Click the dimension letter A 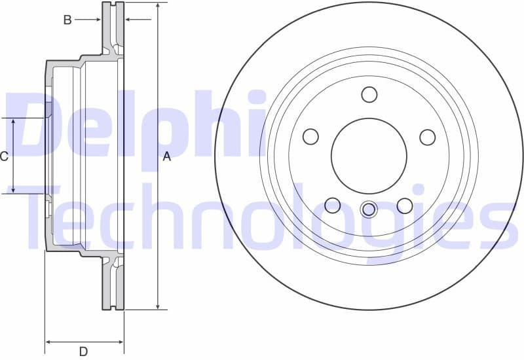(x=166, y=156)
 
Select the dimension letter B (x=67, y=20)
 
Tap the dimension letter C (x=4, y=156)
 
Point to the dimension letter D (x=83, y=351)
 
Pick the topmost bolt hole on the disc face (x=369, y=94)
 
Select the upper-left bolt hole (x=310, y=137)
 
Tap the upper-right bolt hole (x=428, y=137)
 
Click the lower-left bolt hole (x=333, y=206)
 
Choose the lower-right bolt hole (x=405, y=206)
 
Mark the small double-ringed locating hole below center (x=369, y=209)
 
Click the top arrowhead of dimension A (x=158, y=6)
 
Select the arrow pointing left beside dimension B (x=129, y=20)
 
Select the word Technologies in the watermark (x=262, y=216)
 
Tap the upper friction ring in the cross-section (x=113, y=26)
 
